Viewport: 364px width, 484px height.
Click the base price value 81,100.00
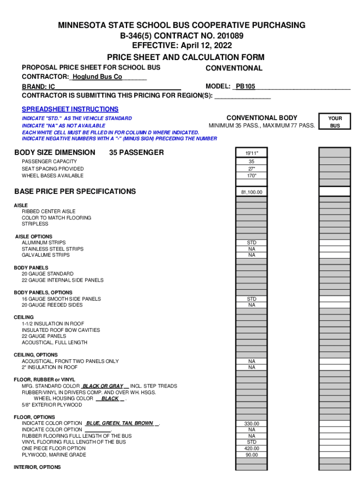click(x=251, y=192)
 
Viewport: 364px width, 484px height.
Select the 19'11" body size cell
click(x=251, y=153)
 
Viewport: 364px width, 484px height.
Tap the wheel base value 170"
click(x=251, y=176)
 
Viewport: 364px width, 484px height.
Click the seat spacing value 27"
click(x=251, y=169)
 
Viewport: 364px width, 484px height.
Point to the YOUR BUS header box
click(x=335, y=122)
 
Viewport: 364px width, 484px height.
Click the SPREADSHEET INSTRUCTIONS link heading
click(x=70, y=109)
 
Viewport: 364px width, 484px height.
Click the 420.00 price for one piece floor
click(x=251, y=449)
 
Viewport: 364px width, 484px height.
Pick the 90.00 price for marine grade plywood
click(x=251, y=455)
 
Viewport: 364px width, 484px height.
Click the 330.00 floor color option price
click(x=251, y=424)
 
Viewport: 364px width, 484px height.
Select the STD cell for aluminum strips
click(x=251, y=243)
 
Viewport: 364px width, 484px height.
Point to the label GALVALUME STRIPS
click(x=45, y=255)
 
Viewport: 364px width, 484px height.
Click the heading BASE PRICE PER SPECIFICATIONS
click(x=75, y=191)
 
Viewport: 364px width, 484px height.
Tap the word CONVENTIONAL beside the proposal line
click(x=234, y=68)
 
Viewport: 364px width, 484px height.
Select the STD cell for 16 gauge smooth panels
click(x=251, y=299)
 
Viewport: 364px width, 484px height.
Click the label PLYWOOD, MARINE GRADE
click(x=54, y=455)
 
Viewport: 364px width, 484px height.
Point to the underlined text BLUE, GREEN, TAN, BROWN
click(x=120, y=423)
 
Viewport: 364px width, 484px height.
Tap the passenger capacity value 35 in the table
click(x=251, y=162)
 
